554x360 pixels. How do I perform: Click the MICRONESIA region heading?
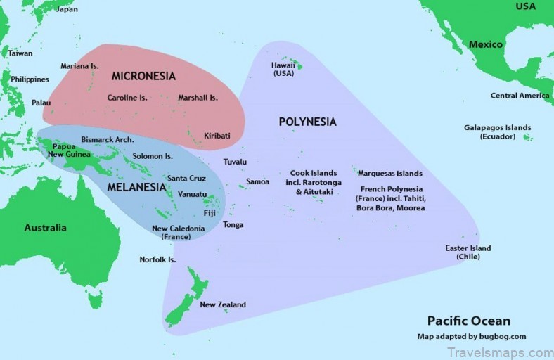[x=143, y=75]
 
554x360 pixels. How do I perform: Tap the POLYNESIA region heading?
[x=307, y=122]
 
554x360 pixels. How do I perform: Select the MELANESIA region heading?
[x=136, y=188]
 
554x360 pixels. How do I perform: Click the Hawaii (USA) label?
[x=283, y=69]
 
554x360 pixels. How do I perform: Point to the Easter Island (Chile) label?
[x=468, y=252]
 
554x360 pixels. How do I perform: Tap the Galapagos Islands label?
[x=497, y=131]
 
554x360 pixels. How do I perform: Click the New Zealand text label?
[x=223, y=304]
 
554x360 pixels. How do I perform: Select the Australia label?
[x=46, y=227]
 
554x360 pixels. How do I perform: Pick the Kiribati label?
[x=217, y=135]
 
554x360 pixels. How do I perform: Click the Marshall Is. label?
[x=198, y=98]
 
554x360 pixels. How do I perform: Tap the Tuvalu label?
[x=235, y=162]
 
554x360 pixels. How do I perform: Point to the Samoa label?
[x=257, y=181]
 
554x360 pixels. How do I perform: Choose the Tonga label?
[x=233, y=225]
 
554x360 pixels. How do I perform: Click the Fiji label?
[x=210, y=213]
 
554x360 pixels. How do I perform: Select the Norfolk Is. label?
[x=157, y=259]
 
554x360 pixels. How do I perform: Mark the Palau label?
[x=41, y=103]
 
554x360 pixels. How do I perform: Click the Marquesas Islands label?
[x=389, y=173]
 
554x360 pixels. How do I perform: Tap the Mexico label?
[x=486, y=44]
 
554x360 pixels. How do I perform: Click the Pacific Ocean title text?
[x=469, y=321]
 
